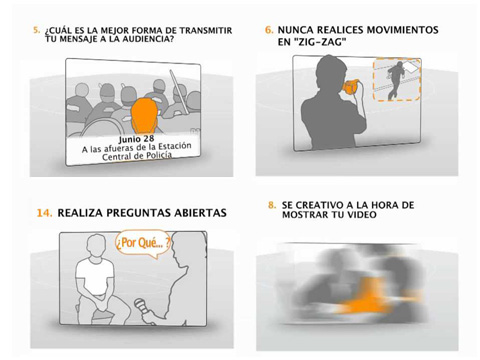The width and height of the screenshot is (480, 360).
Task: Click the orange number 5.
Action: (36, 30)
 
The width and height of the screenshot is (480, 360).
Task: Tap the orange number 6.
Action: (269, 30)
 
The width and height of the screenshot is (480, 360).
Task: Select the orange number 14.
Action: (44, 213)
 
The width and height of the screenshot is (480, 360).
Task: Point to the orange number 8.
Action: (272, 205)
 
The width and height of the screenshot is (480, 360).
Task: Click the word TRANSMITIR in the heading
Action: (206, 30)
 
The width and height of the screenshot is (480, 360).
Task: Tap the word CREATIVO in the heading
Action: (315, 205)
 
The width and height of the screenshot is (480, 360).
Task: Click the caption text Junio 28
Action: (136, 139)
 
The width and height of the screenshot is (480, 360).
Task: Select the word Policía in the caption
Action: (159, 155)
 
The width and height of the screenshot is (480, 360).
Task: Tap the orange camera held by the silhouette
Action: (351, 87)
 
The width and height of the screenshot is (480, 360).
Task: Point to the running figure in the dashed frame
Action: (396, 80)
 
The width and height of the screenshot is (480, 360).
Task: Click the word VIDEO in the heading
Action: (363, 214)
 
